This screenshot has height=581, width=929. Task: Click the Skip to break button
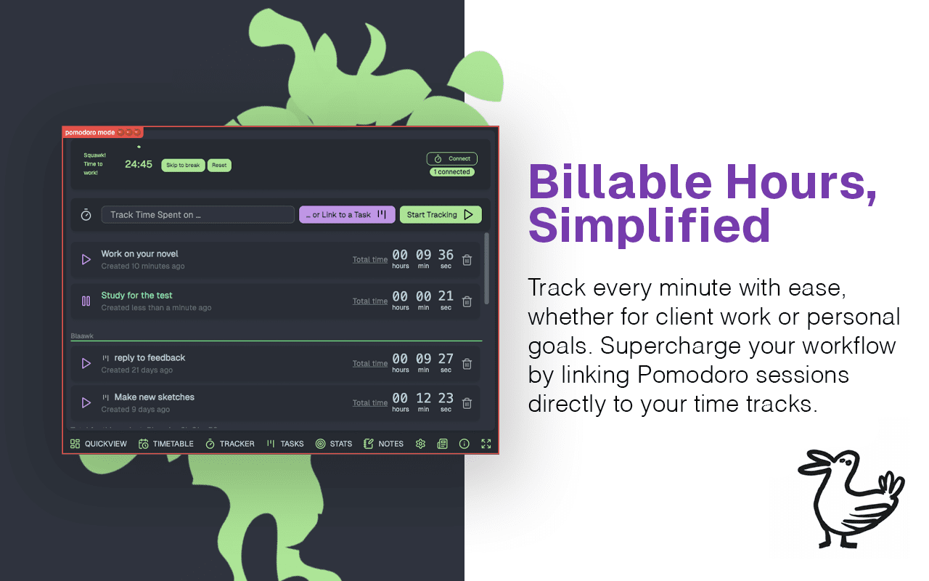point(182,166)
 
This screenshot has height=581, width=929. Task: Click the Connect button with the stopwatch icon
point(452,158)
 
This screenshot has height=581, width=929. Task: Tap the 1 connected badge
point(452,172)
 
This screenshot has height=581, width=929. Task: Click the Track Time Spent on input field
point(197,215)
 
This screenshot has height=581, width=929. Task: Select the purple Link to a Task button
point(347,215)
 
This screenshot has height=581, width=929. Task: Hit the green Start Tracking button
point(440,215)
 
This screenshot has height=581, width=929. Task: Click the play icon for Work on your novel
point(86,259)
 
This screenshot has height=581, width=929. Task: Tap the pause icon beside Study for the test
point(86,301)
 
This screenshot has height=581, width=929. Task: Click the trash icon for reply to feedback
point(467,363)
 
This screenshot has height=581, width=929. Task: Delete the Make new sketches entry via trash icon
point(467,403)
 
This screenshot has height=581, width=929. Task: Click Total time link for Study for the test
point(370,301)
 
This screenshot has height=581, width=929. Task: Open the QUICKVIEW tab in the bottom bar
point(99,444)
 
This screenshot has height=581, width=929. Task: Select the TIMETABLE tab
point(166,444)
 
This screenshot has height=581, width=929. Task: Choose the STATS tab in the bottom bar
point(334,444)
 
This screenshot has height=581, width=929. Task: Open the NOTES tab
point(383,444)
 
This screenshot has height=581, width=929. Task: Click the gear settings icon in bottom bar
point(420,444)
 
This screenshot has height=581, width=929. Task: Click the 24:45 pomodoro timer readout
point(139,165)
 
